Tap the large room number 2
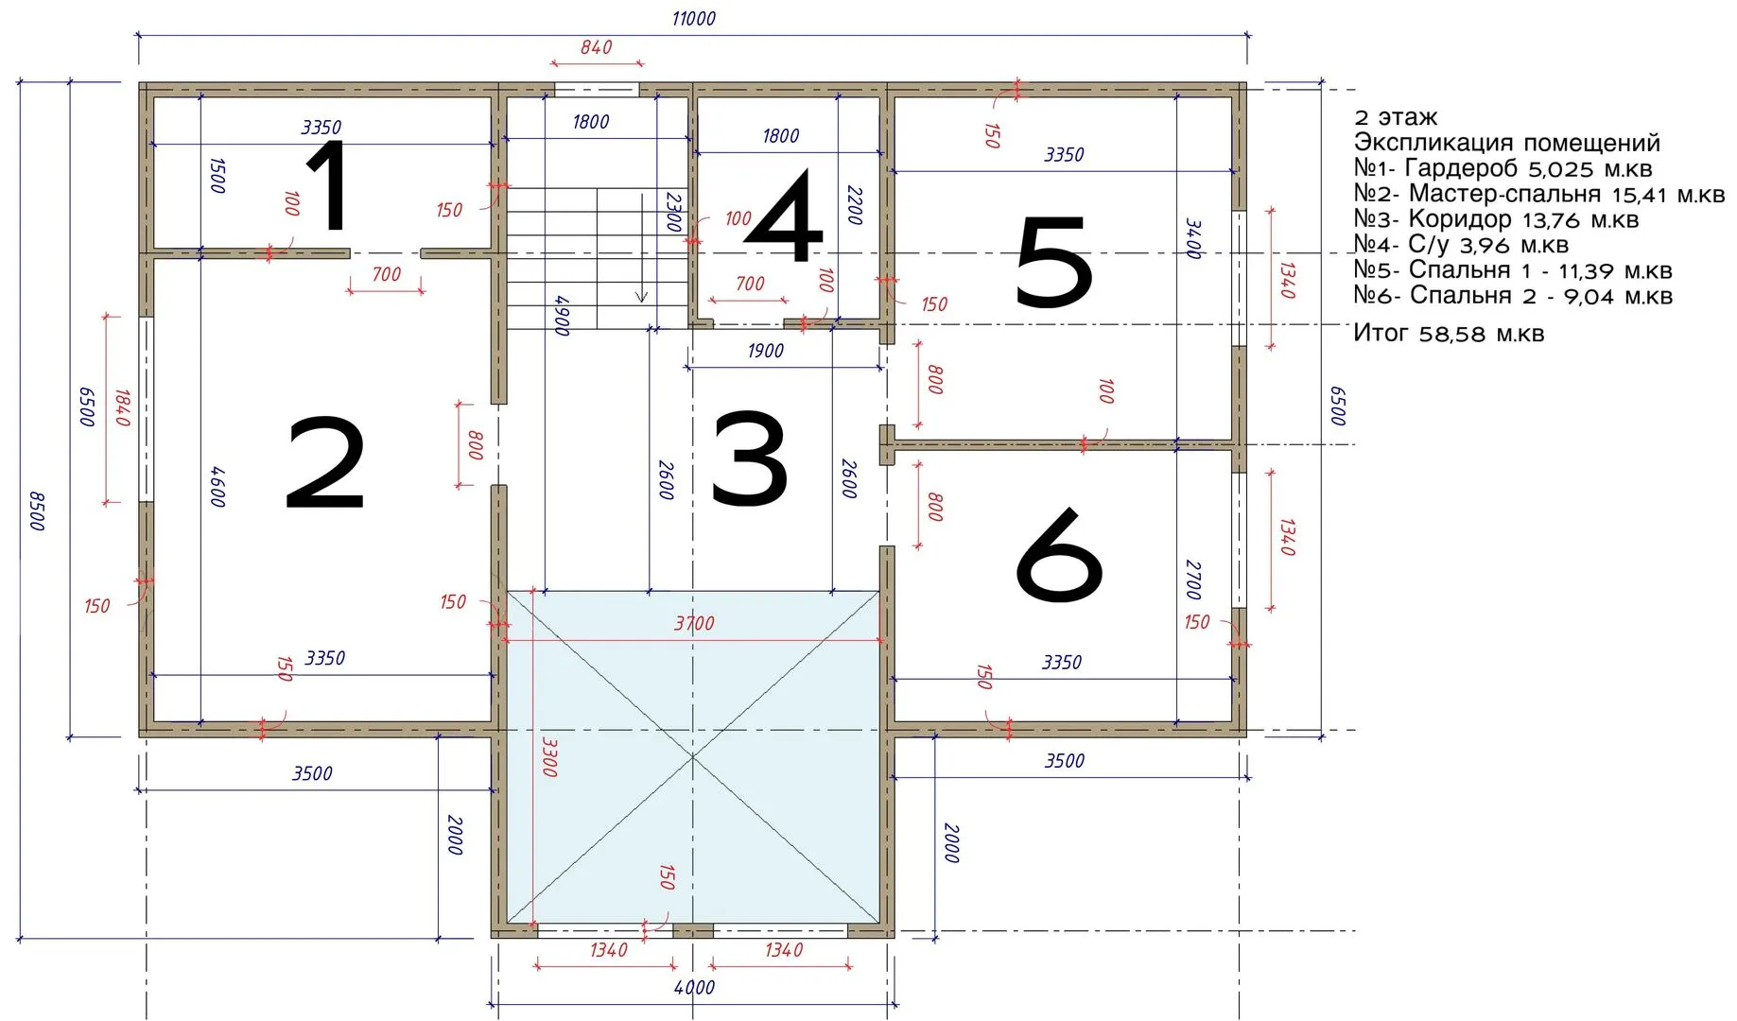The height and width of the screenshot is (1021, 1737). [325, 463]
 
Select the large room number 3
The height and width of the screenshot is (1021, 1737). [749, 458]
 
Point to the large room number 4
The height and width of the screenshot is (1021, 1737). [784, 216]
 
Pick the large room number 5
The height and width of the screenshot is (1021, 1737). [1053, 261]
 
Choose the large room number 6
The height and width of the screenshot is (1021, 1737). [1059, 555]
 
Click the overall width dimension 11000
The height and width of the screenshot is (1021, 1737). [694, 19]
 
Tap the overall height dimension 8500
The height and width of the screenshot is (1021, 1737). [37, 510]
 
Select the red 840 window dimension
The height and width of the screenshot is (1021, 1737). [596, 47]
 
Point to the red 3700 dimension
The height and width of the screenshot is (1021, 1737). [694, 624]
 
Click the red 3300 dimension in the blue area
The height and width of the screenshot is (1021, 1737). [549, 757]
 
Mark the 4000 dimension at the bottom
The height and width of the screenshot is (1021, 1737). [694, 988]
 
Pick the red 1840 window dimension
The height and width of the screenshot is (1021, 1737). [123, 407]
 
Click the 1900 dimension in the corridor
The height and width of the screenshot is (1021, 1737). [765, 352]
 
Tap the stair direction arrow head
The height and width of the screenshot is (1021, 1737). [641, 297]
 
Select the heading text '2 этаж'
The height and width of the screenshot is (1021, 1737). [1396, 118]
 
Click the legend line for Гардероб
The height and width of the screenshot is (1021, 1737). [1503, 169]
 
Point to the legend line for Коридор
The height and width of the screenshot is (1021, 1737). [1496, 220]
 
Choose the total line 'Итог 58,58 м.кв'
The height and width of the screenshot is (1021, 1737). [1449, 334]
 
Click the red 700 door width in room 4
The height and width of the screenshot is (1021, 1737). [750, 284]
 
